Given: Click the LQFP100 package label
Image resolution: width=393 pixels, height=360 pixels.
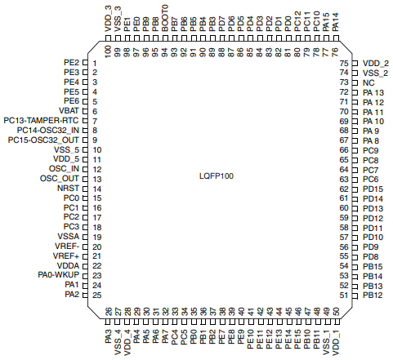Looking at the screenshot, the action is click(217, 176).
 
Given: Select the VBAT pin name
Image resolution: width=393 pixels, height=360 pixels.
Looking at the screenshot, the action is click(69, 111).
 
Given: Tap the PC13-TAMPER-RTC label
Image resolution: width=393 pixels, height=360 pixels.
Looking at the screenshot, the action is click(41, 121).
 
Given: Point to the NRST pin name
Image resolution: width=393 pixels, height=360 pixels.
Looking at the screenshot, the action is click(68, 189).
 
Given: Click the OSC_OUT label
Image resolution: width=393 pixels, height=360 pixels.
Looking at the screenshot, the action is click(60, 179).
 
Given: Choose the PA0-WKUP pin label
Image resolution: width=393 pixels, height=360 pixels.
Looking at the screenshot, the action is click(59, 275).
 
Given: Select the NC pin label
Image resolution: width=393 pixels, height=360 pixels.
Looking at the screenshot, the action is click(368, 82).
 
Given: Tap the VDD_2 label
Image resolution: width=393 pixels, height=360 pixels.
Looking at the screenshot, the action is click(376, 64).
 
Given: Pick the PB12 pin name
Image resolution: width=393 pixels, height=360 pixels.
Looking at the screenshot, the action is click(373, 296).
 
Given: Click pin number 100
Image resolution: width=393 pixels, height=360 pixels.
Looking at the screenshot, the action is click(108, 51).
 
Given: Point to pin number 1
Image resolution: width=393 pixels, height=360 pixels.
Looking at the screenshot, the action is click(95, 64).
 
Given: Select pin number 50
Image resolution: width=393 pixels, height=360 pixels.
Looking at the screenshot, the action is click(336, 311).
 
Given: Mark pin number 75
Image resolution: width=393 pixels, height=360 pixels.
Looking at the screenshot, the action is click(344, 64).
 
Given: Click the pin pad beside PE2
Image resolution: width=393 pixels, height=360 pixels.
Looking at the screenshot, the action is click(85, 63).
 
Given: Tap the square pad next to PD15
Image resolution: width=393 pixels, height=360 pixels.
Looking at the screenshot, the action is click(355, 189).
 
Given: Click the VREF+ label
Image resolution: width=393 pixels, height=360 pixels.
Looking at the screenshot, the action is click(66, 256).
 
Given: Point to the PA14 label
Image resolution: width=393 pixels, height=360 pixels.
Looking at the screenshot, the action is click(335, 22).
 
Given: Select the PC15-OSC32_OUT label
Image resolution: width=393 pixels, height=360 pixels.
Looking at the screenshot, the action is click(43, 140).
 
